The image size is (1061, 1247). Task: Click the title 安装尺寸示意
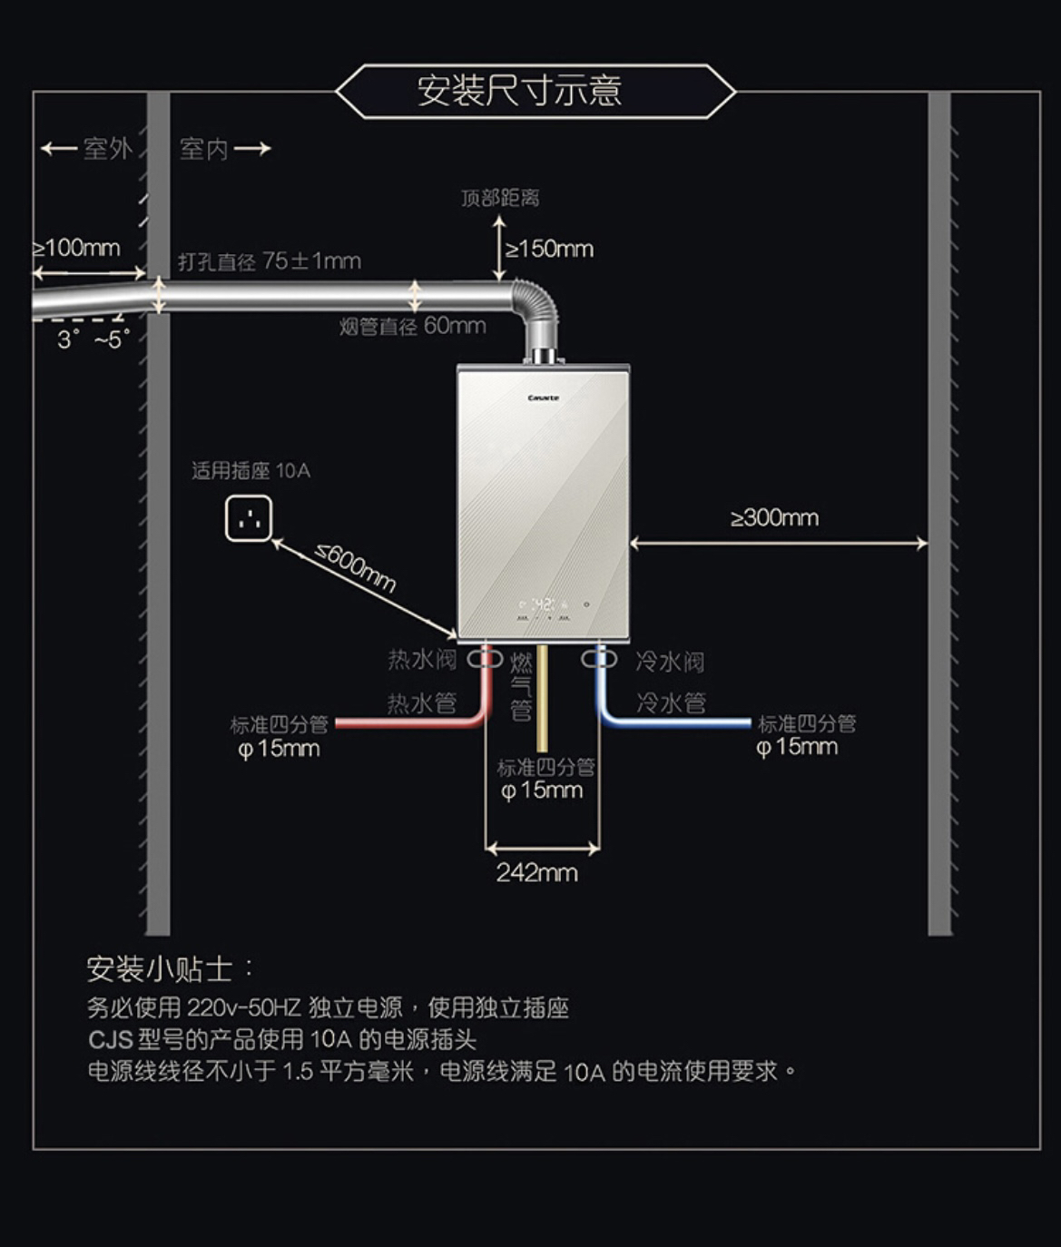[519, 91]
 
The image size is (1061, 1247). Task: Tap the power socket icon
[249, 519]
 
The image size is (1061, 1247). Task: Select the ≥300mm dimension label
[775, 518]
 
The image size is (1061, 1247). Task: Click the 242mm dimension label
[536, 873]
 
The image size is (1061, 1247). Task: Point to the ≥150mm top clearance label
[550, 249]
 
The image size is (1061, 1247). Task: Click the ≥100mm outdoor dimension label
[77, 248]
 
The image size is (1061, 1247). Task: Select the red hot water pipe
[408, 722]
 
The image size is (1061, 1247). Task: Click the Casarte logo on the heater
[544, 398]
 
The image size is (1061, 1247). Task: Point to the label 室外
[107, 149]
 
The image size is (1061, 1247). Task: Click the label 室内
[203, 149]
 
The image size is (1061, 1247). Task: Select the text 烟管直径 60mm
[413, 326]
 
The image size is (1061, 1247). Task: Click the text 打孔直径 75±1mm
[270, 261]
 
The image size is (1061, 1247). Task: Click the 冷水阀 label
[670, 662]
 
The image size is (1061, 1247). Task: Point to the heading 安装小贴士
[160, 969]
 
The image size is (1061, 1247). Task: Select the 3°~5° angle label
[93, 340]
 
